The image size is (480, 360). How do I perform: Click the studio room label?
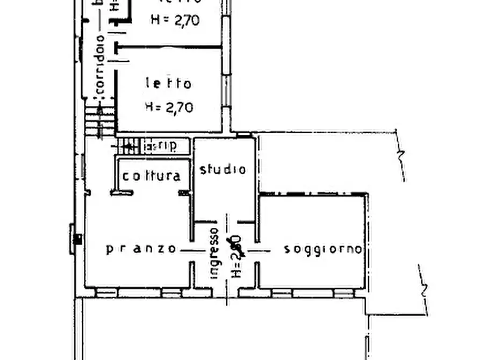click(x=223, y=170)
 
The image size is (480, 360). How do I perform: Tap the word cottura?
click(x=152, y=176)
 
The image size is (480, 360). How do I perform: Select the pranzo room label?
click(x=141, y=249)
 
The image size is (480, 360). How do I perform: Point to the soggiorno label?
click(x=323, y=249)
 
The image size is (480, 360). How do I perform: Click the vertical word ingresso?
click(x=214, y=253)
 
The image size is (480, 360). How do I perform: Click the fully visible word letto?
click(x=168, y=84)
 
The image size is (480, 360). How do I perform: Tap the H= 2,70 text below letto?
click(x=169, y=107)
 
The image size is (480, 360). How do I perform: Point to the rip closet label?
click(x=164, y=146)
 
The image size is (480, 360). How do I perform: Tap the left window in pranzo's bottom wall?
click(x=106, y=293)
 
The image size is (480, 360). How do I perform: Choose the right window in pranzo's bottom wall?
click(x=171, y=293)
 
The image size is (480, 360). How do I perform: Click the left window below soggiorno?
click(x=282, y=293)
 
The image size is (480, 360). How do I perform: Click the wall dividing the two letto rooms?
click(x=170, y=47)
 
